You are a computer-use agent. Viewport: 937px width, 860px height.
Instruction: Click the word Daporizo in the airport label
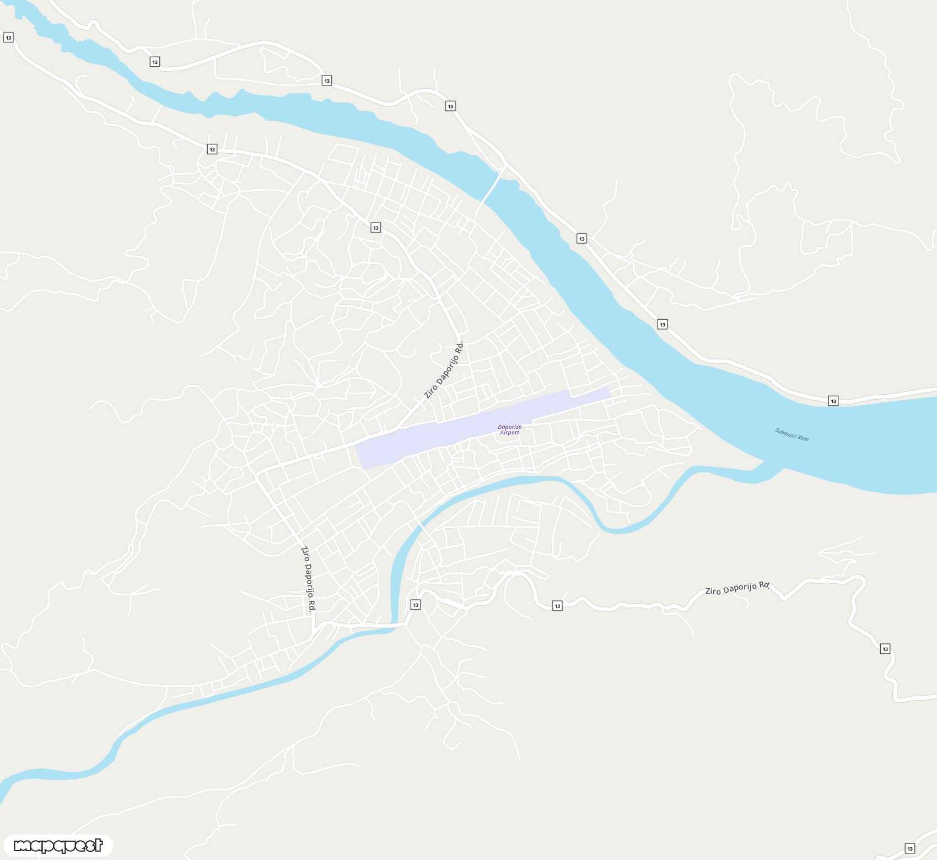pos(509,427)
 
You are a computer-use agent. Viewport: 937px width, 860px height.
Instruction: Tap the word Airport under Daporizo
pos(509,433)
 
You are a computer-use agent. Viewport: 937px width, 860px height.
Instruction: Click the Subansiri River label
pos(792,434)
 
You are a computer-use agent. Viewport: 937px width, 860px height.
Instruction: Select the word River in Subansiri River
pos(803,438)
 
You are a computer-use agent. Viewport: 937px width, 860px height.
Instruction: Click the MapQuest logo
pos(58,845)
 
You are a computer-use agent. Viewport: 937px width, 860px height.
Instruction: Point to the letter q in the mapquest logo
pos(57,846)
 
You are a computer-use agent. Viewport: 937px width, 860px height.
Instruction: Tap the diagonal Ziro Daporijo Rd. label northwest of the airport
pos(444,369)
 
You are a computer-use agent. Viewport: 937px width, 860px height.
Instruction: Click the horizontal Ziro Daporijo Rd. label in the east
pos(737,588)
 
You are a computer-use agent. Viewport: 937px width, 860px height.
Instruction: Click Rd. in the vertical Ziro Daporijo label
pos(312,606)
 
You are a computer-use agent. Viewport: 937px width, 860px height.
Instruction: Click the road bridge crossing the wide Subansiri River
pos(493,185)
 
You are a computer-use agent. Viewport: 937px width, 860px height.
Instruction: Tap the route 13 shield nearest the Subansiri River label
pos(833,401)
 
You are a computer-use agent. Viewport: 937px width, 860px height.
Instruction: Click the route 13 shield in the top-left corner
pos(8,37)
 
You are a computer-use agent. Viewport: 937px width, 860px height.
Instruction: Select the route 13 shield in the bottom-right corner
pos(909,848)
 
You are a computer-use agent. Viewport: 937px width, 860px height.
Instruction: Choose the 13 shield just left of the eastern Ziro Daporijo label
pos(557,606)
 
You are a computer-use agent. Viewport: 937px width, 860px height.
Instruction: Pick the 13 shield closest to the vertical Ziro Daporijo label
pos(416,605)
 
